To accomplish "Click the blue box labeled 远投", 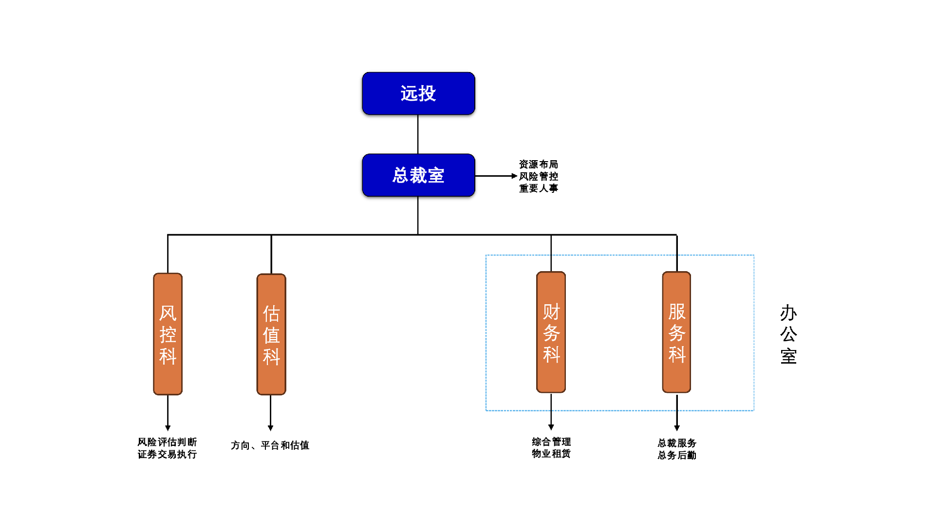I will click(418, 93).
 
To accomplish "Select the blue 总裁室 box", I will click(418, 175).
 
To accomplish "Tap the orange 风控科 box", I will click(168, 334).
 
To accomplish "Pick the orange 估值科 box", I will click(271, 334).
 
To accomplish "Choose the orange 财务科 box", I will click(551, 332).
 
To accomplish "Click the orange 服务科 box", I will click(676, 332).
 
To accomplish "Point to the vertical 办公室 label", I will click(788, 334).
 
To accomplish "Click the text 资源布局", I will click(538, 165).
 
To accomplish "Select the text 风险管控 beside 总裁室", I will click(538, 176).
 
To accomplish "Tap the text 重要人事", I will click(538, 188).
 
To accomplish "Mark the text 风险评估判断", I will click(167, 442).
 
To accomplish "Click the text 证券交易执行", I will click(167, 454).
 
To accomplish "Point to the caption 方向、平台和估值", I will click(270, 445).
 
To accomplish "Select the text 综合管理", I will click(551, 442).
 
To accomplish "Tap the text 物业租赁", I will click(551, 454).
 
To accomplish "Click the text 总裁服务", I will click(676, 443).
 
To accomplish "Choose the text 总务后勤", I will click(676, 455).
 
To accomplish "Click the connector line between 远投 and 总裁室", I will click(418, 134).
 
